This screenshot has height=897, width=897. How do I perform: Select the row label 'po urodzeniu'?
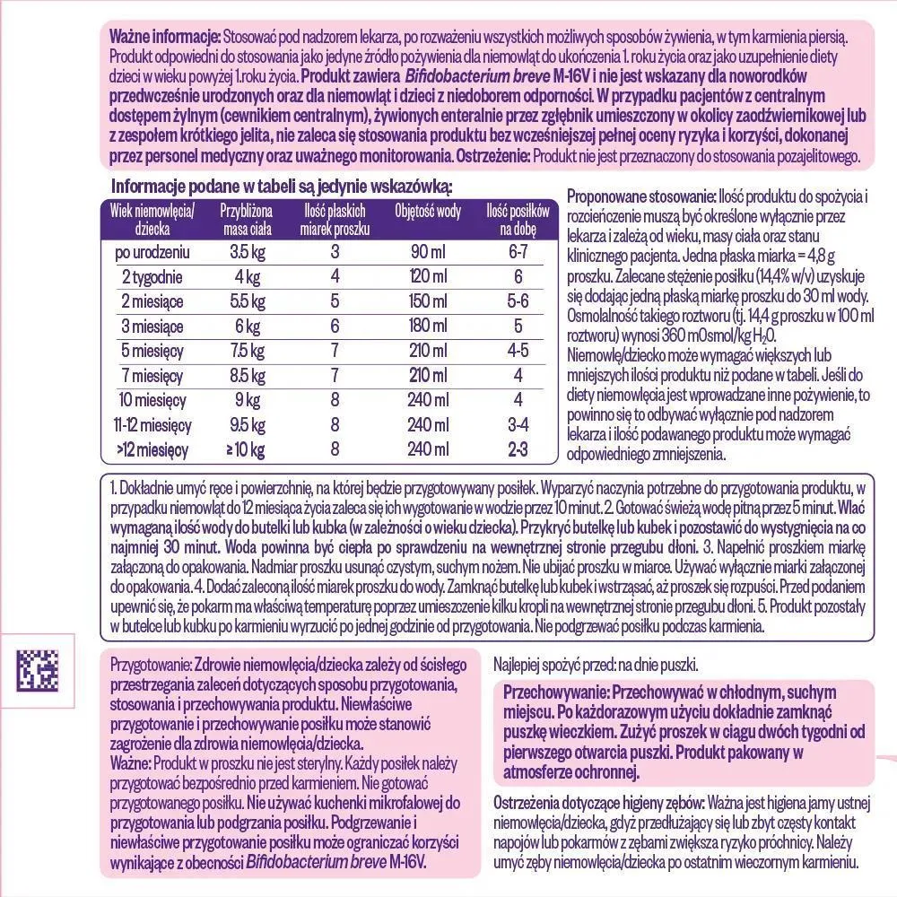pos(152,251)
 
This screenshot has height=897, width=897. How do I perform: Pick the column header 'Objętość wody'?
pos(428,212)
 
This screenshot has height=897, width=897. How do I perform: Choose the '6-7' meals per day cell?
pos(517,251)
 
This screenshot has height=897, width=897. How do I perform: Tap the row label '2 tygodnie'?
pos(152,276)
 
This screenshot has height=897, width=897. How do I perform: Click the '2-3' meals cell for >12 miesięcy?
pos(517,449)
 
